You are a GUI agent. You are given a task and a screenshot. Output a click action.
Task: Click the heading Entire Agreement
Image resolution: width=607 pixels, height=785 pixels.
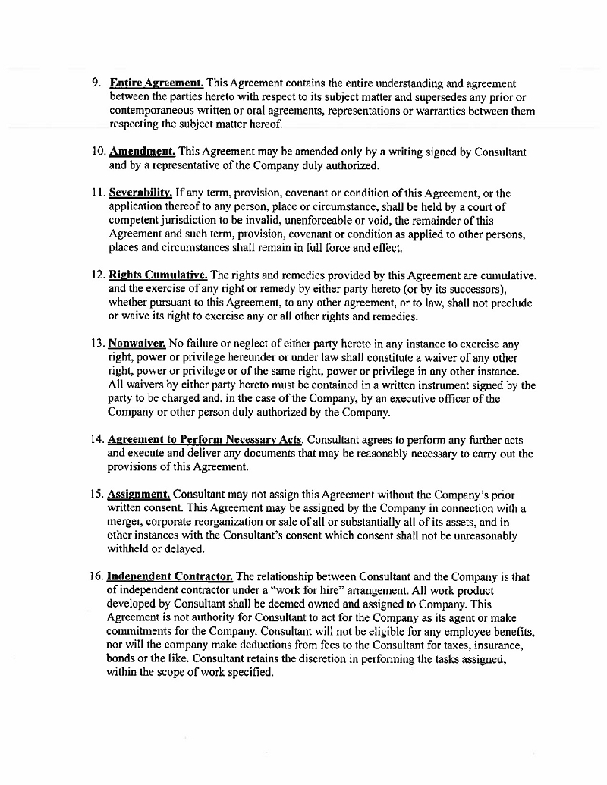point(156,83)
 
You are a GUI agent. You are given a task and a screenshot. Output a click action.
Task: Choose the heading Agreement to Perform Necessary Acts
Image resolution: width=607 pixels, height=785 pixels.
point(206,439)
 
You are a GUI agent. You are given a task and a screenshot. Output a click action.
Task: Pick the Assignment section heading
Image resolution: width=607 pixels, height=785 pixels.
point(140,495)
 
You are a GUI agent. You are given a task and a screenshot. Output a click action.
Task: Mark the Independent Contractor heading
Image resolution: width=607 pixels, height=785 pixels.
point(170,576)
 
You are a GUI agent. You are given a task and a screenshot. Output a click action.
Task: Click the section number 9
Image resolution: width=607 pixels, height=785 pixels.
point(96,83)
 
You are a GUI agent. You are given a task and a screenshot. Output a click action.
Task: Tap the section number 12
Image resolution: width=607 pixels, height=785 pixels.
point(97,275)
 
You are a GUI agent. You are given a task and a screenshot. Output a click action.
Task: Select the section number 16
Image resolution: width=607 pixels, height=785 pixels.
point(97,576)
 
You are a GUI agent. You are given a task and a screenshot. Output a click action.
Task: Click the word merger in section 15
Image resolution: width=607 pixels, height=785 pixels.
point(125,522)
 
